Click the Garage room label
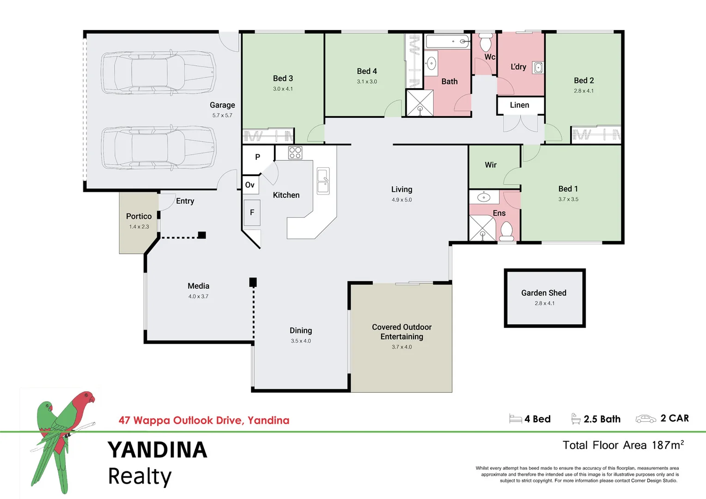click(222, 105)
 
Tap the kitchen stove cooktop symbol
click(295, 153)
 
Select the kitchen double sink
click(323, 181)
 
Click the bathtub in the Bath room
click(447, 42)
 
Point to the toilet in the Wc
click(485, 43)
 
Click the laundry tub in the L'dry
click(538, 68)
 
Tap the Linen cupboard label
click(519, 105)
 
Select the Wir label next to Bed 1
click(490, 165)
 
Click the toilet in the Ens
click(507, 231)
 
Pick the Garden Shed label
click(544, 293)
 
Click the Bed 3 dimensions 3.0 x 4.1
click(283, 89)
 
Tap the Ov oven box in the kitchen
click(250, 185)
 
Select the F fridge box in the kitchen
click(252, 213)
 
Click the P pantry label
click(257, 157)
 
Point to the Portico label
click(139, 216)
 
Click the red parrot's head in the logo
click(86, 397)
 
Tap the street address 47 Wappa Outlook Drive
click(204, 420)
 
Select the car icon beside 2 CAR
click(645, 419)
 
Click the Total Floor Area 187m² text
click(623, 445)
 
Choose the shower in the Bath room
click(420, 103)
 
